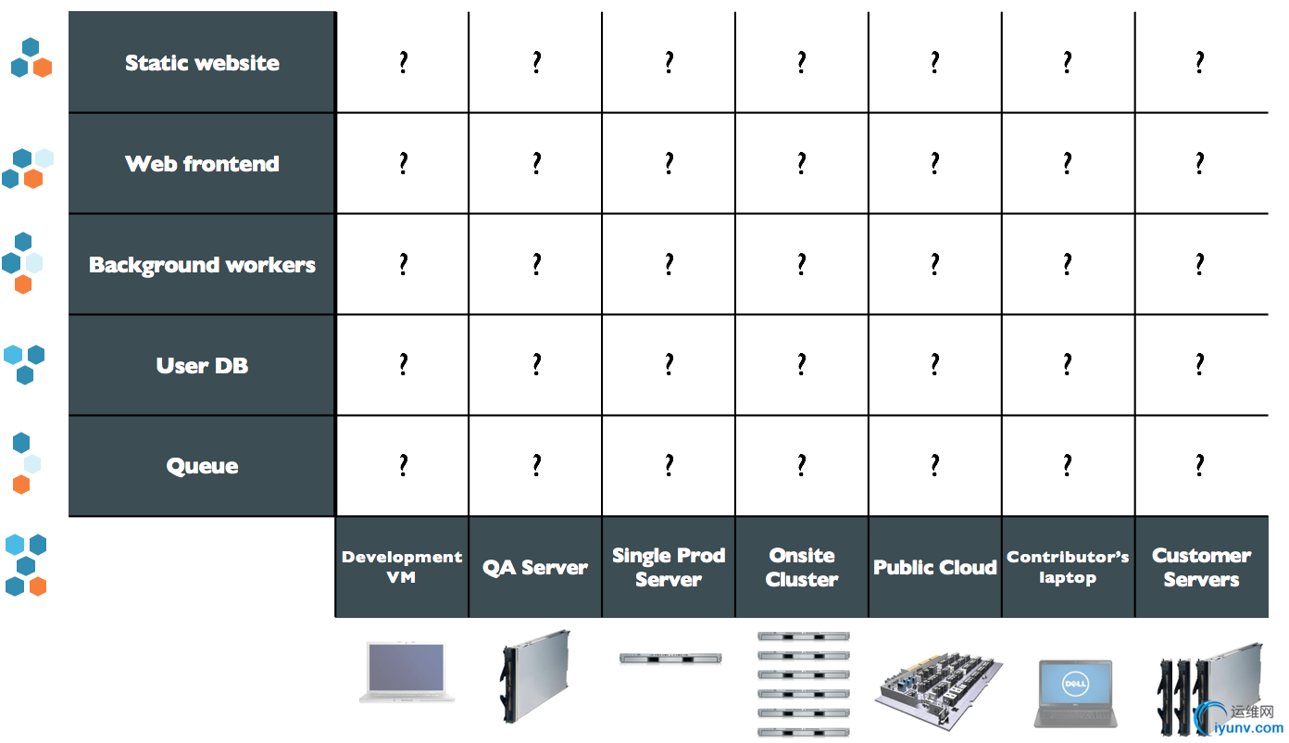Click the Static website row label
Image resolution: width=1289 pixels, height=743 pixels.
tap(202, 63)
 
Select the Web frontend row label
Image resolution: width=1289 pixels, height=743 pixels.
tap(202, 164)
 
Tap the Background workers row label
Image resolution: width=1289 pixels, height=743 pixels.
tap(202, 265)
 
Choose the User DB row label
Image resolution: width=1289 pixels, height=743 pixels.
tap(202, 365)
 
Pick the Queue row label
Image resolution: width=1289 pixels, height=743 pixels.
tap(202, 466)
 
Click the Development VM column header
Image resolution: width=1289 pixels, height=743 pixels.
tap(402, 567)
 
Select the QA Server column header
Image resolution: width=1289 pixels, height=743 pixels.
tap(535, 568)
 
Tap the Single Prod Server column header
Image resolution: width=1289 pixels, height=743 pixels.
tap(669, 567)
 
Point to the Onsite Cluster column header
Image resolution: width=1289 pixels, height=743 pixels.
tap(802, 567)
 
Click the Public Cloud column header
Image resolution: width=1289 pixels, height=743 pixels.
tap(935, 568)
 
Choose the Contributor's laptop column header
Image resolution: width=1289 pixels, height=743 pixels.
tap(1068, 567)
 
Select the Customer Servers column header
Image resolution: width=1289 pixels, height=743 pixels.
tap(1202, 567)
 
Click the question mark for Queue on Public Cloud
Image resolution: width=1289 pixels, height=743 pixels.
tap(935, 465)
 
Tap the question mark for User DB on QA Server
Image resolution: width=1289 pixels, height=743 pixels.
tap(536, 364)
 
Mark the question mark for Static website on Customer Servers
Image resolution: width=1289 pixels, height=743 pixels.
tap(1200, 62)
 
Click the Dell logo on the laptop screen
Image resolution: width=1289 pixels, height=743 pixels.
tap(1075, 684)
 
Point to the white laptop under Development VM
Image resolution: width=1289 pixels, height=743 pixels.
tap(407, 673)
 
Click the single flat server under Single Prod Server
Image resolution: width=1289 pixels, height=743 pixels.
tap(670, 659)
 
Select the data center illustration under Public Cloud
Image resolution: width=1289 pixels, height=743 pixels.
tap(939, 691)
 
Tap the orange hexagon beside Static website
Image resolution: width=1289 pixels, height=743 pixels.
tap(43, 68)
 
